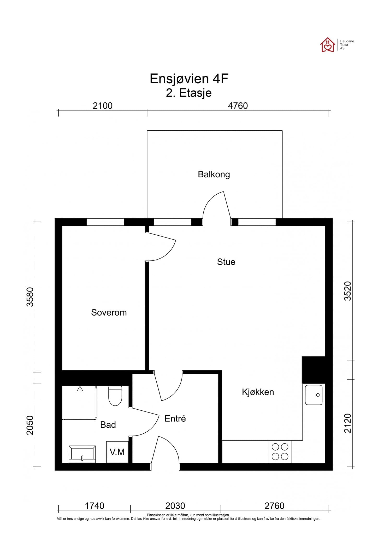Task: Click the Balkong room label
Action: click(x=214, y=174)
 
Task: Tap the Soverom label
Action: click(x=109, y=312)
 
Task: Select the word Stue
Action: click(x=226, y=262)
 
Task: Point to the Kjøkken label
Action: click(x=258, y=392)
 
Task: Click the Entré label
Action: click(x=175, y=418)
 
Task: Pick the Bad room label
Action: click(x=108, y=425)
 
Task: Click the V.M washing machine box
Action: click(x=117, y=452)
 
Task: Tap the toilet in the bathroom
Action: click(x=115, y=396)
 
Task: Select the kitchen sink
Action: click(x=314, y=395)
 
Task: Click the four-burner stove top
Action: click(x=280, y=452)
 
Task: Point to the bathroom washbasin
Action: click(x=82, y=454)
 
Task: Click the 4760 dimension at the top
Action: click(x=238, y=106)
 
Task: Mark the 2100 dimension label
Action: click(x=103, y=106)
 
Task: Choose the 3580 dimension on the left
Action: click(x=30, y=297)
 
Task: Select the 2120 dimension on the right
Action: click(x=348, y=423)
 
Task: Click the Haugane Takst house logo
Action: click(x=328, y=45)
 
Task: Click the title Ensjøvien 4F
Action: click(x=189, y=79)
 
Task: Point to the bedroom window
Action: click(x=105, y=222)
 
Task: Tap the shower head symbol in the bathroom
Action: click(x=80, y=389)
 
